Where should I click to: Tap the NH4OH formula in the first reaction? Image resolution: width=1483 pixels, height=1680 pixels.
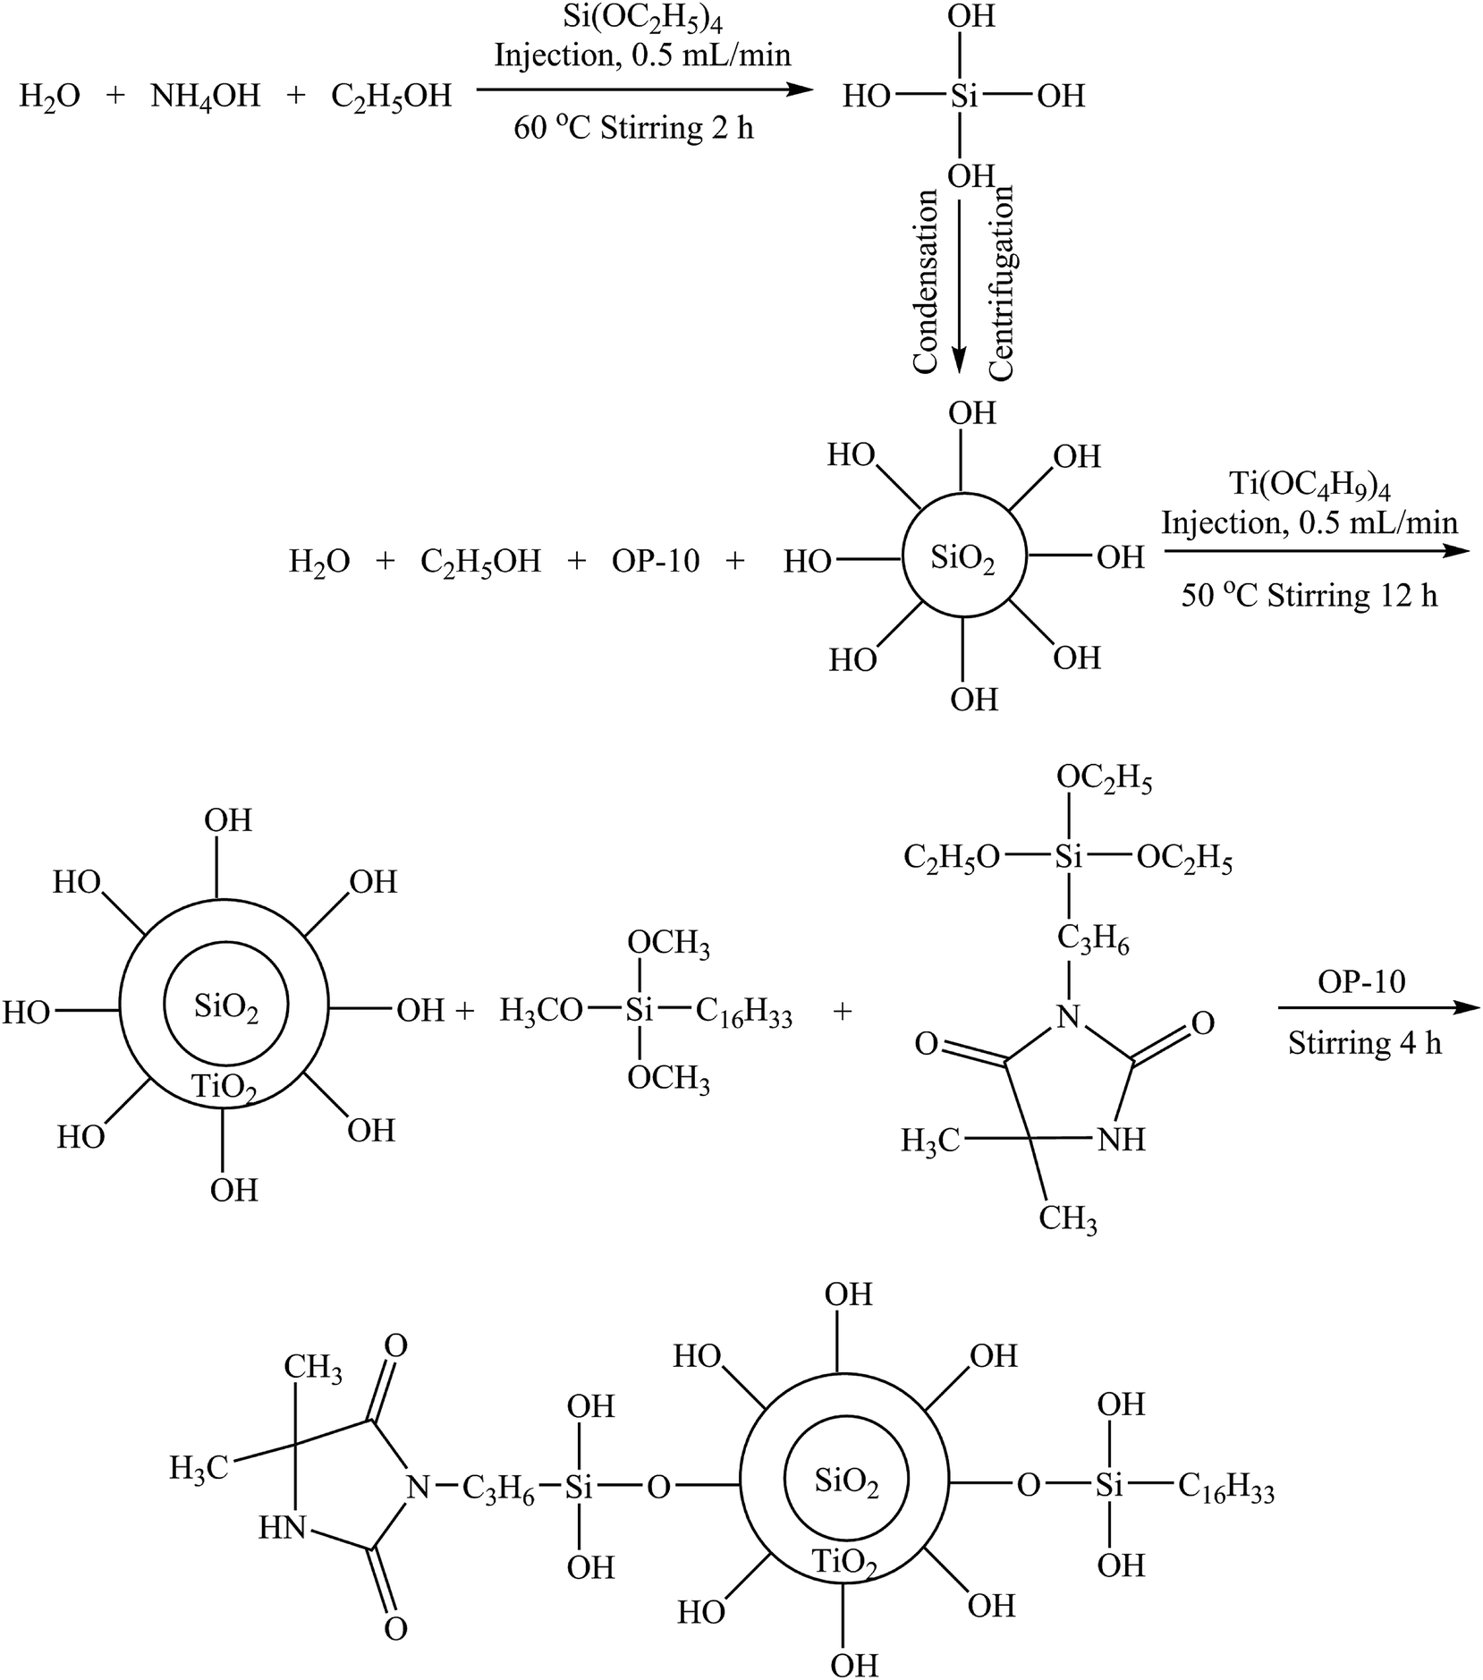pos(205,96)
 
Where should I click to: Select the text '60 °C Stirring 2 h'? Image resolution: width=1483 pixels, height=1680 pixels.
pos(633,129)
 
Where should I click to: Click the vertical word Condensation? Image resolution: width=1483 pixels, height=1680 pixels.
pos(925,281)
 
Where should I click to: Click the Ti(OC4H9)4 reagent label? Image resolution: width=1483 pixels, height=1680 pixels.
pos(1309,488)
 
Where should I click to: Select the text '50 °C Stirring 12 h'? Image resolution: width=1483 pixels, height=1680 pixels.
pos(1309,595)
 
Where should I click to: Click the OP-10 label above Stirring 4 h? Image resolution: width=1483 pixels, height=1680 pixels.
pos(1361,981)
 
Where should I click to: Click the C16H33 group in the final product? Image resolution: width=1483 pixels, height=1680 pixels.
pos(1225,1488)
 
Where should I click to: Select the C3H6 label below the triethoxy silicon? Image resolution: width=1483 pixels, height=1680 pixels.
pos(1092,938)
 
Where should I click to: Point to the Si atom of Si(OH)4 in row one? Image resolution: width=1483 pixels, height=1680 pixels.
pos(963,97)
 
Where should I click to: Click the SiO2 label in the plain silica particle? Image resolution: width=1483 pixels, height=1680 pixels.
pos(962,560)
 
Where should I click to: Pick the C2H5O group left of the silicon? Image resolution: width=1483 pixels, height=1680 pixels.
pos(951,859)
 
